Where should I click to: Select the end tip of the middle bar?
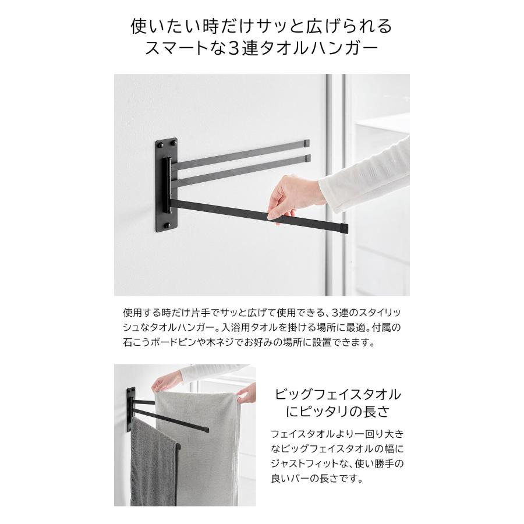[x=307, y=158]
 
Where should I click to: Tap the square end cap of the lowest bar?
[x=344, y=227]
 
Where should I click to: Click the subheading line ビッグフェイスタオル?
[x=337, y=394]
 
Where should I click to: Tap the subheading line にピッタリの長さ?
[x=337, y=412]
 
